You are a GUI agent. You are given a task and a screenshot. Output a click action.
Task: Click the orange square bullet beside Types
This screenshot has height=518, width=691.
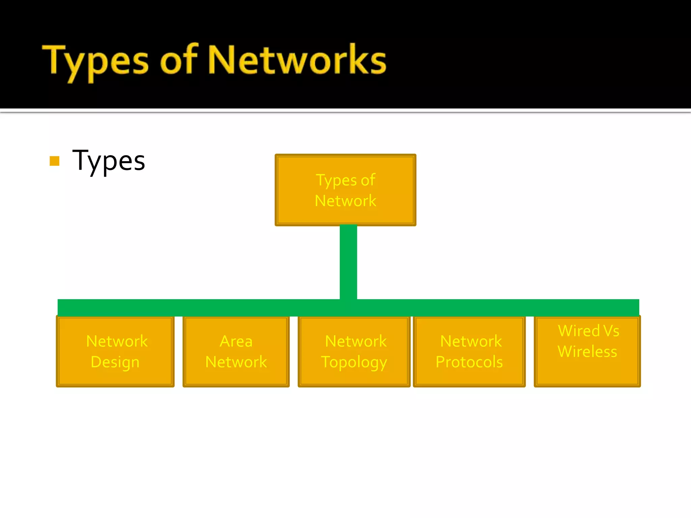(x=54, y=161)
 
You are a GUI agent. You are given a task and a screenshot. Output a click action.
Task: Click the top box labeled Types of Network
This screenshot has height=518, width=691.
(x=345, y=190)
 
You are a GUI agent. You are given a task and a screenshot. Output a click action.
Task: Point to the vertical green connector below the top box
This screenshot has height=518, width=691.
(x=348, y=262)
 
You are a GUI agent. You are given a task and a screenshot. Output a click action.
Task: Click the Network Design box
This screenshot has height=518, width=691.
(x=115, y=351)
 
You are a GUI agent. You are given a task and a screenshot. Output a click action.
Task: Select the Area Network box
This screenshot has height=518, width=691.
(x=236, y=351)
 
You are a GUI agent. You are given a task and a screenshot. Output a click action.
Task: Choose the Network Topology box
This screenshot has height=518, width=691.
(x=354, y=351)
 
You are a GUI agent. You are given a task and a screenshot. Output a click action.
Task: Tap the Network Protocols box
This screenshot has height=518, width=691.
(x=469, y=351)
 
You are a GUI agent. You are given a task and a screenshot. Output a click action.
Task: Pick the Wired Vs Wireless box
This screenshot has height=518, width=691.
(x=587, y=351)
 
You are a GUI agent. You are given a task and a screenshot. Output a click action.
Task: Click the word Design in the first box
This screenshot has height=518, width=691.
(x=115, y=362)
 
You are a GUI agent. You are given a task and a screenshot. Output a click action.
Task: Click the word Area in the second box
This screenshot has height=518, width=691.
(x=236, y=341)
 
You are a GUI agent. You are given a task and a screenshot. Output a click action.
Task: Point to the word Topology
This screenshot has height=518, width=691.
(x=354, y=362)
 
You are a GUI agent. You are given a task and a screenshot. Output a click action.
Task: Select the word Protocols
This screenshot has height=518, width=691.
(x=469, y=362)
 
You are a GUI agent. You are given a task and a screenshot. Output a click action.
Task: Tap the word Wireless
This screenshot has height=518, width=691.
(x=587, y=351)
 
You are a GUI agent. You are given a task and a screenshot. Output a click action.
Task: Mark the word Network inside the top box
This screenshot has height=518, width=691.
(x=345, y=201)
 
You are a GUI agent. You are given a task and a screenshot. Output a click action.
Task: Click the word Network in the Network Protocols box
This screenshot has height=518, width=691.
(x=471, y=341)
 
